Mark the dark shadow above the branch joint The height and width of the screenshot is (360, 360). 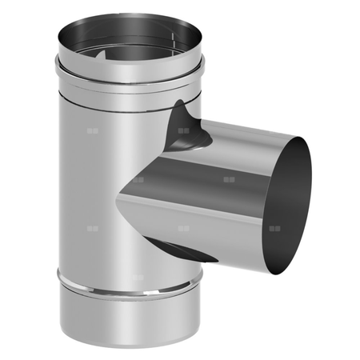[186, 124]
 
